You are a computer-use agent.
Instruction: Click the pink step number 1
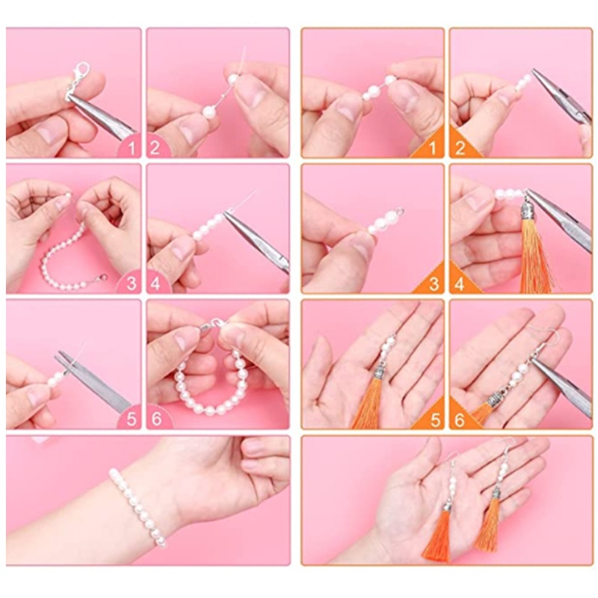click(132, 147)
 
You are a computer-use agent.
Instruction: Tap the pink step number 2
click(155, 147)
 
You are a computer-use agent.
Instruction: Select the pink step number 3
click(132, 284)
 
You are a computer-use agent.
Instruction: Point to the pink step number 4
click(155, 284)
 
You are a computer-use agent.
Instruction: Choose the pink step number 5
click(132, 419)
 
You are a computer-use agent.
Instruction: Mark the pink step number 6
click(156, 419)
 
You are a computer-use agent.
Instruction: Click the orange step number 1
click(433, 148)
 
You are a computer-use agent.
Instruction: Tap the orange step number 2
click(460, 148)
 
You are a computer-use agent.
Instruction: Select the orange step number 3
click(434, 284)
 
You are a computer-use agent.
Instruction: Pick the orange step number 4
click(460, 284)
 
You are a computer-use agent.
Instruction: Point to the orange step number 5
click(435, 420)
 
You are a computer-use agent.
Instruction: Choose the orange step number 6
click(460, 420)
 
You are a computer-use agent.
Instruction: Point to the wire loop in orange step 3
click(399, 210)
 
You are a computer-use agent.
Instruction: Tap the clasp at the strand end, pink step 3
click(100, 278)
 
